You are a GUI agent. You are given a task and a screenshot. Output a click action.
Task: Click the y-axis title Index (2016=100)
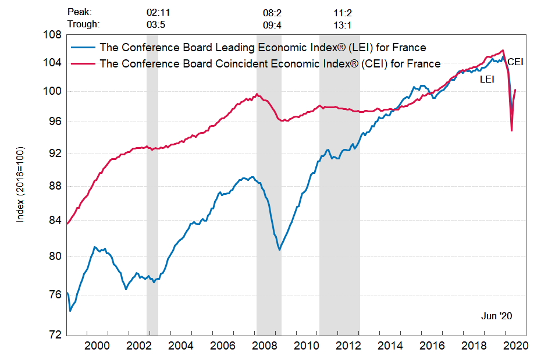point(20,185)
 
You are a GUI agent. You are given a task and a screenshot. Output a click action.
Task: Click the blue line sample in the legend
point(83,48)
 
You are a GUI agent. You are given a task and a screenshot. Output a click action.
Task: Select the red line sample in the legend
point(83,63)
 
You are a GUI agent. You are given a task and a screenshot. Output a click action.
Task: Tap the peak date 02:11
point(158,12)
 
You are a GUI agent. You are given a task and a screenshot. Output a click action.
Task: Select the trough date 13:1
point(341,24)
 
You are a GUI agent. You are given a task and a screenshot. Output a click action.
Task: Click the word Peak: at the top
point(80,12)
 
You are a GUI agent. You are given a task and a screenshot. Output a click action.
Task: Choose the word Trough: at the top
point(84,24)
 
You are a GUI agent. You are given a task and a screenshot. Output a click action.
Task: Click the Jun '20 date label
point(496,316)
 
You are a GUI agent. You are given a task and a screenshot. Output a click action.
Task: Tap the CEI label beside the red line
point(515,62)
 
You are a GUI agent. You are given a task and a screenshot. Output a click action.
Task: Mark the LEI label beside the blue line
point(487,79)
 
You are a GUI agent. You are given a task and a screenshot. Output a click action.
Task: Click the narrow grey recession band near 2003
point(152,186)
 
